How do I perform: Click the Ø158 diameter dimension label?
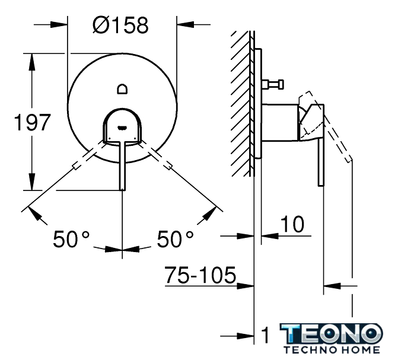click(x=120, y=26)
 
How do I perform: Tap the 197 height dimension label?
click(x=32, y=122)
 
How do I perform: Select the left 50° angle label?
click(x=71, y=239)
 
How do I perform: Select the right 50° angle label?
click(x=175, y=239)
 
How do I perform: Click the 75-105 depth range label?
click(x=200, y=275)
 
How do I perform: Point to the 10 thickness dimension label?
click(x=292, y=224)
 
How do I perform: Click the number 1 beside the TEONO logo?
click(x=265, y=335)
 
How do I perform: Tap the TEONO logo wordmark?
click(x=331, y=333)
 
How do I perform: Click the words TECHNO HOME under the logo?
click(x=332, y=350)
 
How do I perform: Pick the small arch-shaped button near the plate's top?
click(x=122, y=89)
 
